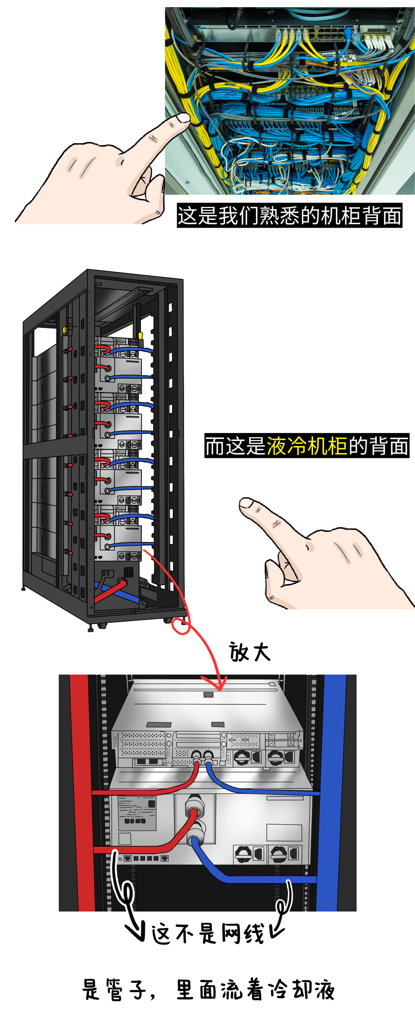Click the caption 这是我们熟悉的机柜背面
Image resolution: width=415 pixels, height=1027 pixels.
(289, 215)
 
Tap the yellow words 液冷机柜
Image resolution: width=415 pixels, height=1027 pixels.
(307, 446)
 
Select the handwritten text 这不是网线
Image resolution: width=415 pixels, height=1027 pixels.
(208, 934)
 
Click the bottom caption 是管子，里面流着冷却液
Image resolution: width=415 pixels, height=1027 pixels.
(208, 989)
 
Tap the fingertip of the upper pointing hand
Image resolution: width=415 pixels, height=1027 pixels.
(184, 118)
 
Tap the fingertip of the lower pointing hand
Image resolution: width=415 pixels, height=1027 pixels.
(246, 504)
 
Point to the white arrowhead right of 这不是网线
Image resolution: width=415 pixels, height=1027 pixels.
(276, 930)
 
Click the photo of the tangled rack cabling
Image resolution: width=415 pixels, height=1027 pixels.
(290, 101)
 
